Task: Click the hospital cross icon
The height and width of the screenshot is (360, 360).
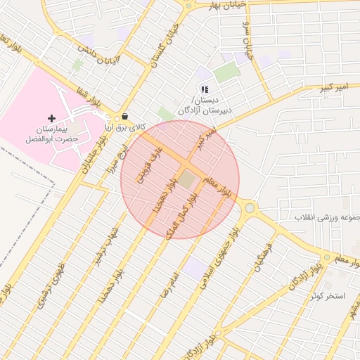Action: (50, 118)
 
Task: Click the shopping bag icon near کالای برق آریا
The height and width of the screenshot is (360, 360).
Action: (125, 117)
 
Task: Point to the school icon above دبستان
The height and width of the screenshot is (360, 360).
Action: (204, 89)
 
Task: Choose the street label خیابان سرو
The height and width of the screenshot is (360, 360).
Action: (248, 49)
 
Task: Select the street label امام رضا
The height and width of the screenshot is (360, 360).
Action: (170, 281)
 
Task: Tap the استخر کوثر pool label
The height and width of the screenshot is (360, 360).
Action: (329, 296)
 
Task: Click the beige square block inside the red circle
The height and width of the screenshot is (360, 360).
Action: (186, 179)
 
